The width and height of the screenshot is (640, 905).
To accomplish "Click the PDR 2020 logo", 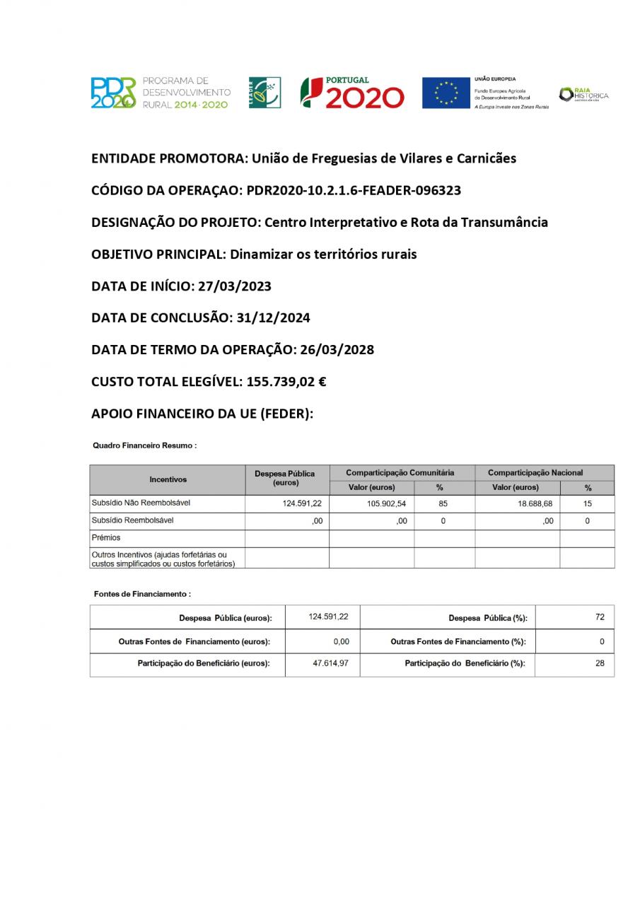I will click(x=113, y=93).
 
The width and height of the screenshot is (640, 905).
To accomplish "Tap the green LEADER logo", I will click(x=264, y=93).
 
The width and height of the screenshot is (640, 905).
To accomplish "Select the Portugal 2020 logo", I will click(x=352, y=93).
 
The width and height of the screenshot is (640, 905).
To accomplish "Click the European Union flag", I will click(x=446, y=93).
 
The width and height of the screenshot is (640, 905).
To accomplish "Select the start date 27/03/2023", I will click(x=234, y=286).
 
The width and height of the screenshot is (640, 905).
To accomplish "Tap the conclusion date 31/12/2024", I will click(x=272, y=318).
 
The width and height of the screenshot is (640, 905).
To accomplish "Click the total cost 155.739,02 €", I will click(x=286, y=382).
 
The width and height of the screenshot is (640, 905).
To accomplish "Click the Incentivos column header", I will click(x=168, y=479).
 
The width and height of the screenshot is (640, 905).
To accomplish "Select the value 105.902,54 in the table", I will click(x=385, y=504).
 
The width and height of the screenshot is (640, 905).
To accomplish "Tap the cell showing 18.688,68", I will click(x=535, y=504).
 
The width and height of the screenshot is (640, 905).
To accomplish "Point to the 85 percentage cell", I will click(x=443, y=504).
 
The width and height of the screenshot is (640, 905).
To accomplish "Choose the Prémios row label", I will click(x=107, y=538).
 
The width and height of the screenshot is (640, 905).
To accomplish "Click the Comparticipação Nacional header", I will click(x=535, y=472).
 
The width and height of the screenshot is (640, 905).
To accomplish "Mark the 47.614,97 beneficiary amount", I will click(x=330, y=664).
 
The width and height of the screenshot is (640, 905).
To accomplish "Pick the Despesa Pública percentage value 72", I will click(x=600, y=617).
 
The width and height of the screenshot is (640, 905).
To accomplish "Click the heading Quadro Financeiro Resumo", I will click(x=144, y=446).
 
